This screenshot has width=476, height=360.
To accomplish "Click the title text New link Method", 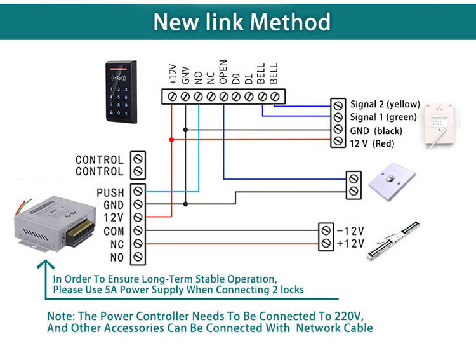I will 242,22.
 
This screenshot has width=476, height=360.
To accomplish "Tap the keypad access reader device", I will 121,92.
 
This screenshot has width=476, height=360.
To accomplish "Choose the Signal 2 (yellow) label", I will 385,103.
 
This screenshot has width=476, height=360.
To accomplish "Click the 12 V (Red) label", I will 372,144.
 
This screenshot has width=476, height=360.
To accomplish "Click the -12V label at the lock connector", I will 350,230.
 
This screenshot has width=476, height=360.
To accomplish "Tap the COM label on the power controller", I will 114,231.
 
